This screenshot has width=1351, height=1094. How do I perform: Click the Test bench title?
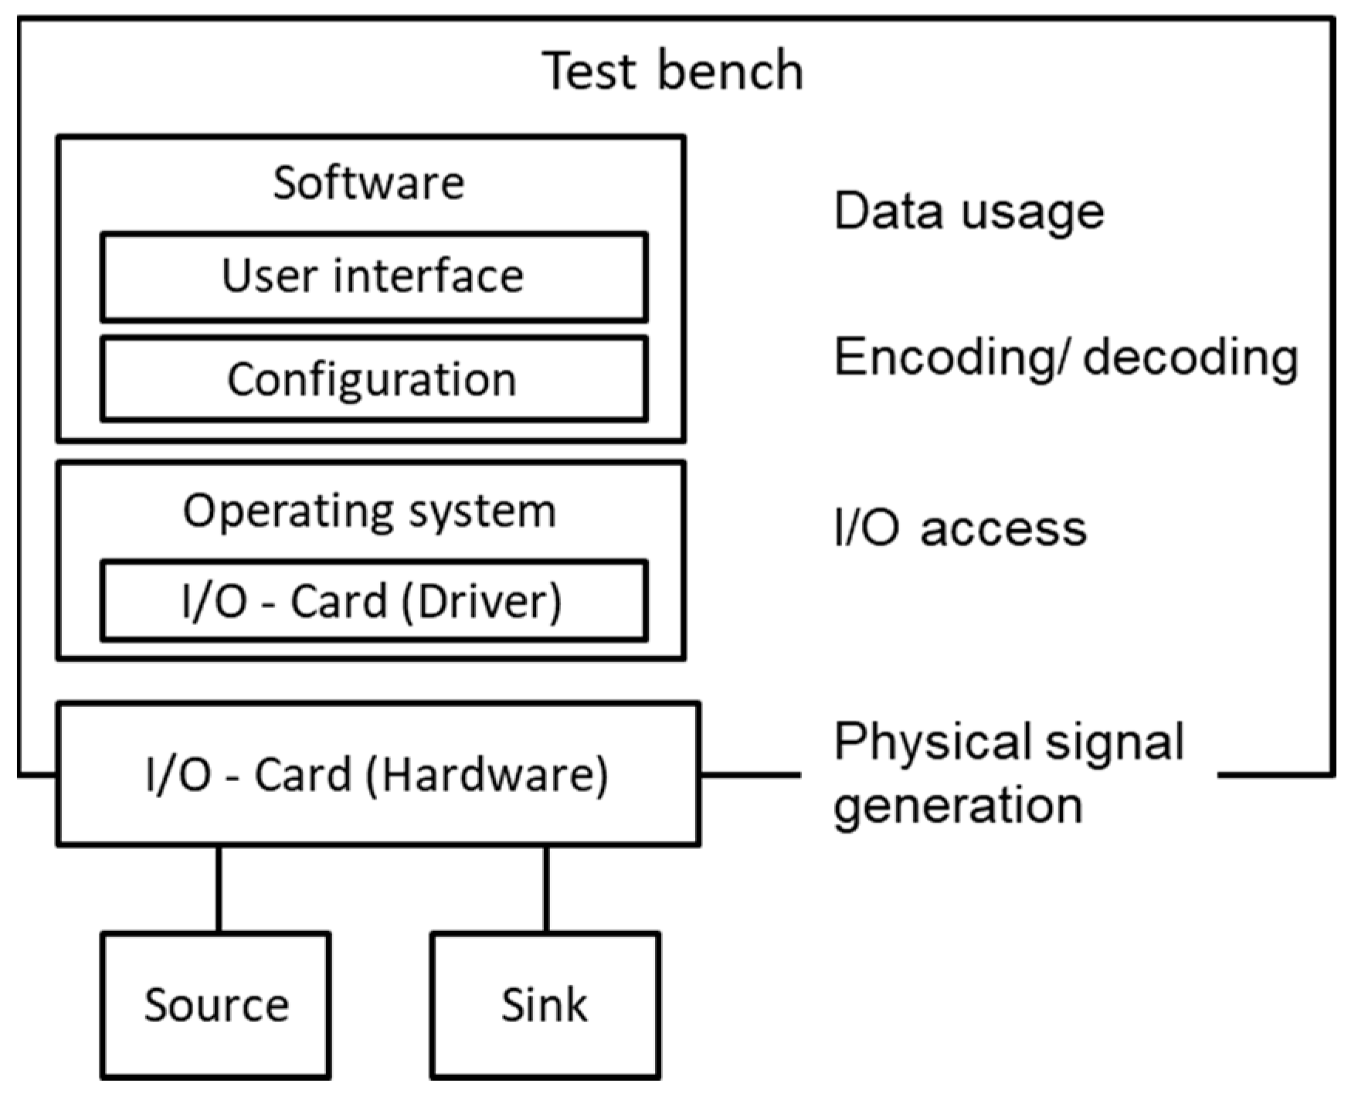[x=673, y=70]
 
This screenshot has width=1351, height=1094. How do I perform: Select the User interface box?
[x=374, y=277]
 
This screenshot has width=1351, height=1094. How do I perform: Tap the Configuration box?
[x=374, y=379]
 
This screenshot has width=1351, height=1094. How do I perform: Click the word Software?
[x=369, y=183]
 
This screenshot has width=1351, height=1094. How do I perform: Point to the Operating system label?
[x=369, y=511]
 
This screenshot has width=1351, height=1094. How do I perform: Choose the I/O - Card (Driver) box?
[x=374, y=601]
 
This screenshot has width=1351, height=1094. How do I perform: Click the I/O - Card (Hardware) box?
[x=378, y=774]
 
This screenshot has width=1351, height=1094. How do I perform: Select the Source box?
[x=216, y=1004]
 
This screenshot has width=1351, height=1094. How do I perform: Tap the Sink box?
[x=545, y=1004]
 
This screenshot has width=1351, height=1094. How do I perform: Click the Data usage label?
[x=969, y=211]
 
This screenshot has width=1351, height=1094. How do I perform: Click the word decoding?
[x=1190, y=358]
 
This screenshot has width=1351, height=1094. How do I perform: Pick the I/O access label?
[x=960, y=528]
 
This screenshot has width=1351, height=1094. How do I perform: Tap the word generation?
[x=958, y=806]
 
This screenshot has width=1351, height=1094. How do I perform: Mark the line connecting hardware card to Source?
[x=219, y=888]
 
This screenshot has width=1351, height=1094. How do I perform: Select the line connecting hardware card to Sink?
[x=546, y=888]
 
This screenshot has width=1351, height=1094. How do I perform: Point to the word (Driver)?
[x=481, y=601]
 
